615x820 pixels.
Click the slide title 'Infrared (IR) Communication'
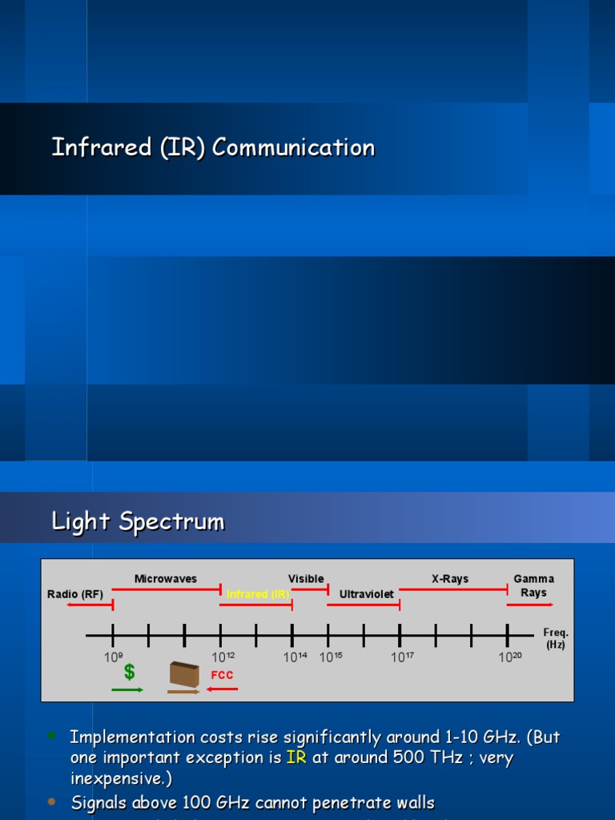pos(213,147)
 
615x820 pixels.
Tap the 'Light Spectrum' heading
pos(138,521)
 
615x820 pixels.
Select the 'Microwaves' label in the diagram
pos(165,579)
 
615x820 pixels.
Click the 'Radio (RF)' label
pos(75,593)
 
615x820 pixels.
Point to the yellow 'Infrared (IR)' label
pos(258,594)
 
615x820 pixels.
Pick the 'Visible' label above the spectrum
pos(306,579)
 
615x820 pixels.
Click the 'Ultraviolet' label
pos(366,594)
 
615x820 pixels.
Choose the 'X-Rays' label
pos(450,579)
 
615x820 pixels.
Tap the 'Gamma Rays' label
pos(533,585)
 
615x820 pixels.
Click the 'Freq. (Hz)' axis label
pos(556,638)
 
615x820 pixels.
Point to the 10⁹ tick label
pos(113,657)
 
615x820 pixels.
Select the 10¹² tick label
pos(223,657)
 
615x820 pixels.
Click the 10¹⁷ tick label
pos(402,657)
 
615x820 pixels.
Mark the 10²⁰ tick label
pos(510,657)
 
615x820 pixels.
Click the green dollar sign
pos(129,672)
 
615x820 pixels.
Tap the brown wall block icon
pos(184,675)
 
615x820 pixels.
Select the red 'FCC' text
pos(222,675)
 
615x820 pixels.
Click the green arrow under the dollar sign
pos(127,689)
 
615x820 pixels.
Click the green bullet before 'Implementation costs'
pos(52,735)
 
